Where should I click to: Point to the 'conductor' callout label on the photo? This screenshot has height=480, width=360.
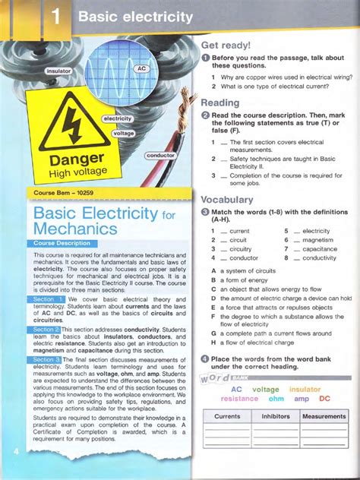click(x=161, y=155)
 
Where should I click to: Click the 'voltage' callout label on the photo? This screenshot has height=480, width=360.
click(x=122, y=134)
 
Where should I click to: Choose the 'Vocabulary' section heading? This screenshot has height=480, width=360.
click(x=227, y=200)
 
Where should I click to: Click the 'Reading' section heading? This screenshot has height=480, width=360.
click(x=219, y=103)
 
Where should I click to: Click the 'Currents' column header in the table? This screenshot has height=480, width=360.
click(x=227, y=416)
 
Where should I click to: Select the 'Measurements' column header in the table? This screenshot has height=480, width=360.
click(x=324, y=416)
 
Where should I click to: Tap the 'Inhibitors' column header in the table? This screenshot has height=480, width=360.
click(x=276, y=416)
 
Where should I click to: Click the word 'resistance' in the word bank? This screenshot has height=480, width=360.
click(x=239, y=398)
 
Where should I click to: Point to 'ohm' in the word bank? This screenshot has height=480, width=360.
click(x=276, y=398)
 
